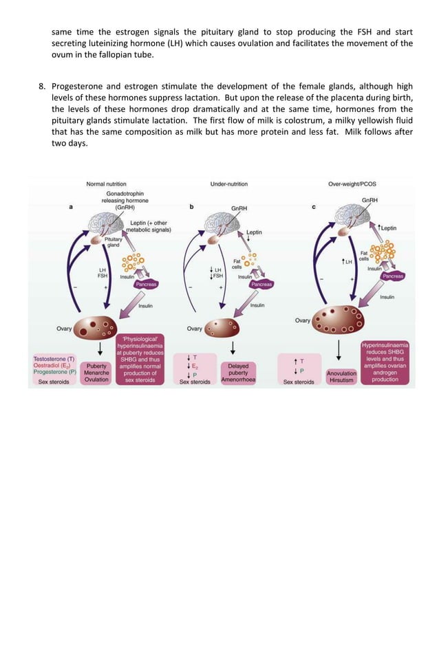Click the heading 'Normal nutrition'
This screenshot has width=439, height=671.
[x=105, y=184]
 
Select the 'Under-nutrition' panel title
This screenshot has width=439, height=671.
[x=229, y=184]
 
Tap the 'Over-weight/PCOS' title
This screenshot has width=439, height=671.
[x=353, y=184]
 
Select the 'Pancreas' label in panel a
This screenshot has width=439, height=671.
[x=145, y=284]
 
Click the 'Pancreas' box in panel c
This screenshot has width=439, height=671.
[x=393, y=276]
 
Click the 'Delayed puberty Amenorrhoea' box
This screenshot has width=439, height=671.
[x=239, y=373]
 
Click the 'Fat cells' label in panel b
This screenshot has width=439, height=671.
[x=237, y=263]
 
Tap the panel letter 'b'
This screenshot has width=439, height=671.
[x=191, y=207]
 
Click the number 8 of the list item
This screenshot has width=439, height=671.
[x=41, y=86]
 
